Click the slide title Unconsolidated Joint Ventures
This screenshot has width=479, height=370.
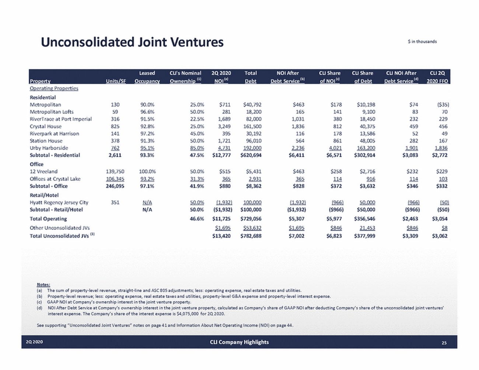[x=132, y=42]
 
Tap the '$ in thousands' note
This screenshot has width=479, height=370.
[x=422, y=42]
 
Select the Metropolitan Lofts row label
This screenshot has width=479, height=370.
[x=52, y=112]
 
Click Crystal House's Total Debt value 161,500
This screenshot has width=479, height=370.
[x=252, y=126]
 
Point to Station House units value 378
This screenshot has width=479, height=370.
[x=115, y=141]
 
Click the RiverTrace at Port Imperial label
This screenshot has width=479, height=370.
[x=61, y=119]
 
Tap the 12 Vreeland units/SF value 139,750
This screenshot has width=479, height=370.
[x=115, y=171]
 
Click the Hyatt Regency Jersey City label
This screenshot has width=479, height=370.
[x=59, y=202]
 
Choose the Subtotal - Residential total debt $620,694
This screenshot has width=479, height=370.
[x=251, y=155]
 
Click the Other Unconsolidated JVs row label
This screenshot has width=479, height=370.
[x=60, y=228]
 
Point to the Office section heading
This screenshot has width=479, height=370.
[x=36, y=164]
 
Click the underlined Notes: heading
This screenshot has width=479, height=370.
[x=43, y=285]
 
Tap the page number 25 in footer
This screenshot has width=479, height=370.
[x=444, y=342]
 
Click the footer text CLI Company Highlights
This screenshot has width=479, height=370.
[x=239, y=342]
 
